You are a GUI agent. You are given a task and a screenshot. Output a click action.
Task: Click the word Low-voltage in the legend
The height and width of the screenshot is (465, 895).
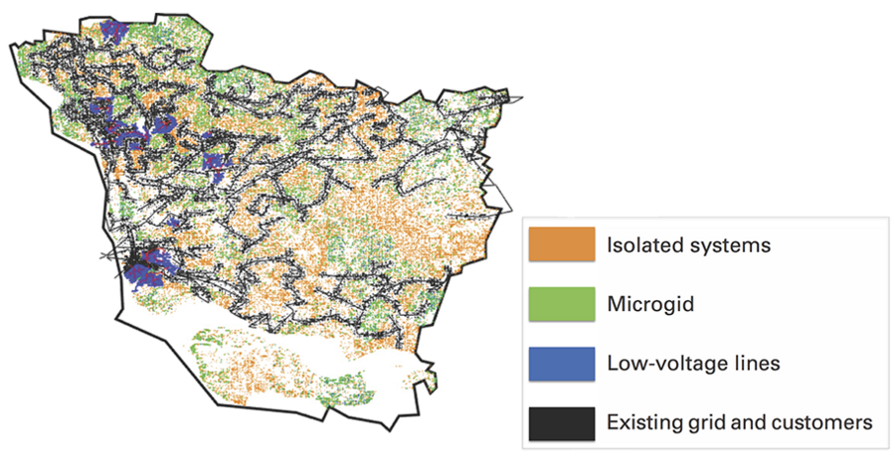664,363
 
